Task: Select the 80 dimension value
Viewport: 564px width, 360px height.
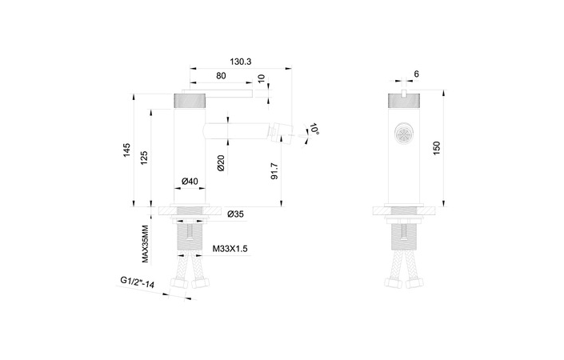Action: pos(221,76)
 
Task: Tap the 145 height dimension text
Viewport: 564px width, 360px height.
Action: pos(127,153)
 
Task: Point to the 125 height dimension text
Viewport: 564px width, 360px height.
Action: pos(145,158)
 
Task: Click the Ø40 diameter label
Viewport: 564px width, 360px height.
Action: pos(190,182)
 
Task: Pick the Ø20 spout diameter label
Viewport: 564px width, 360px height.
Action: pos(222,163)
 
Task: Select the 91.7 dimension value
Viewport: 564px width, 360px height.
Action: pos(274,170)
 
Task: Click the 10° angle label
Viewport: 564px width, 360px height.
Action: pos(314,129)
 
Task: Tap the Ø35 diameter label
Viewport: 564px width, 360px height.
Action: pos(235,214)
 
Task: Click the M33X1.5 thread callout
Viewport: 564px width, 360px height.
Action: pos(230,250)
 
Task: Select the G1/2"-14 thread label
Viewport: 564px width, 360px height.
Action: pos(138,283)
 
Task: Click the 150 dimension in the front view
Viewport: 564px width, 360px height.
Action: pos(436,150)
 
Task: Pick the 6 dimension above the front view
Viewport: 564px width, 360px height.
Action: pos(417,74)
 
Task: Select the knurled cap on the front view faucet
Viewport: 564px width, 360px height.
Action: pos(405,100)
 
